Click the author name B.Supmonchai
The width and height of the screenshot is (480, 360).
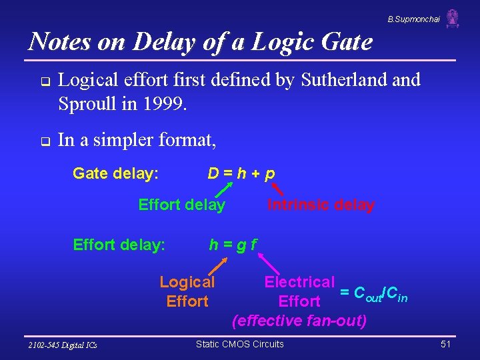(x=413, y=19)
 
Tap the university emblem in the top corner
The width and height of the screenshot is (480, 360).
(x=453, y=18)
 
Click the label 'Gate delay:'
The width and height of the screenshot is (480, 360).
(x=115, y=174)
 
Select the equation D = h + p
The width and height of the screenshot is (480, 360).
(x=241, y=174)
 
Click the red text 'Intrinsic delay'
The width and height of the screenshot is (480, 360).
(x=321, y=205)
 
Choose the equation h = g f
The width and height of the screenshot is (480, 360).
(x=233, y=245)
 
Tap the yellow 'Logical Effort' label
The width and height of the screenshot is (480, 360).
(x=187, y=292)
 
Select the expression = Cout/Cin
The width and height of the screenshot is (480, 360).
(x=373, y=292)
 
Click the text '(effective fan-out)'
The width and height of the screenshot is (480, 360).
(x=299, y=321)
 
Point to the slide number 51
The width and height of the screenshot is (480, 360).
(x=446, y=344)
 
